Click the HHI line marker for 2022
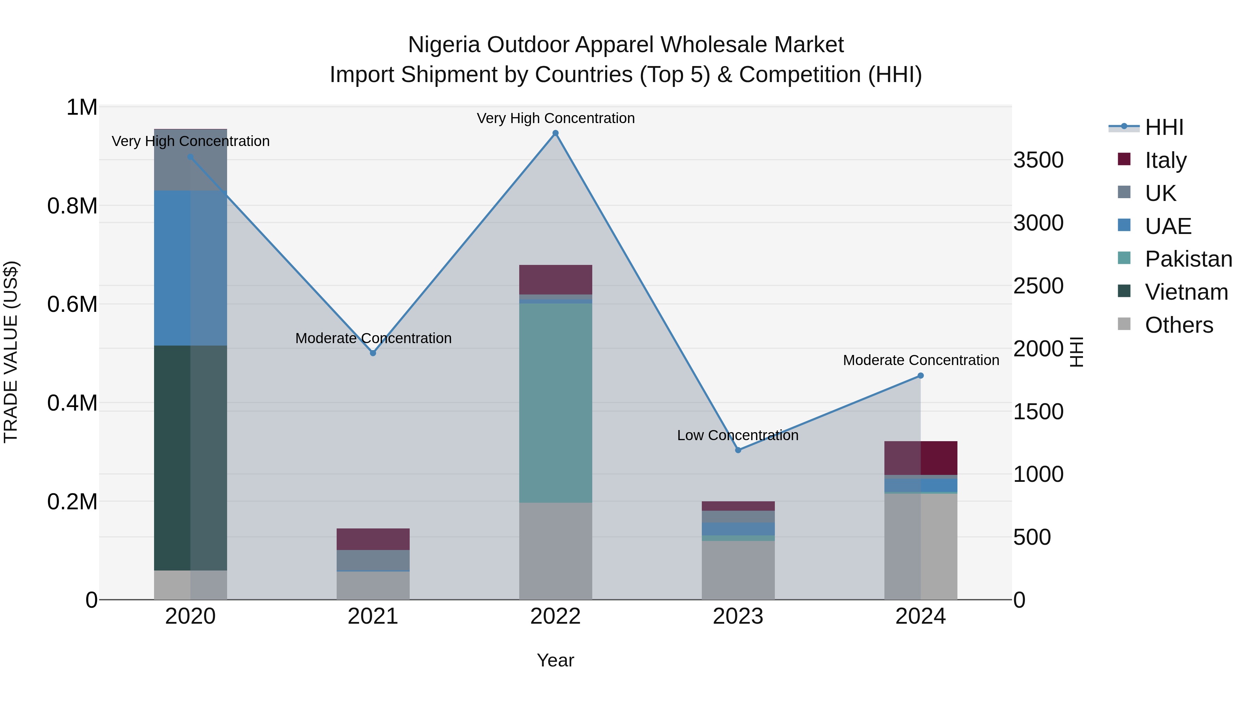(x=555, y=133)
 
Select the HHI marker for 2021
(x=373, y=353)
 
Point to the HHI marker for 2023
(x=738, y=450)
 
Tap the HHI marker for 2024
(x=921, y=375)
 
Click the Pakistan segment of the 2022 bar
(x=555, y=403)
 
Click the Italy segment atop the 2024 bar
(x=921, y=458)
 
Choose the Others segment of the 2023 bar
(x=738, y=571)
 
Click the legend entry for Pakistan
(x=1188, y=259)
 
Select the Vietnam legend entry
(x=1186, y=292)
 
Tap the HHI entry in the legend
(x=1164, y=127)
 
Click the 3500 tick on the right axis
(x=1038, y=160)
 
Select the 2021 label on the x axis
(x=373, y=616)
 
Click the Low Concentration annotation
(x=737, y=435)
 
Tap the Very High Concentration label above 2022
(x=555, y=118)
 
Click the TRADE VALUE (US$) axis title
(x=11, y=352)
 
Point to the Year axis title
(x=555, y=660)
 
